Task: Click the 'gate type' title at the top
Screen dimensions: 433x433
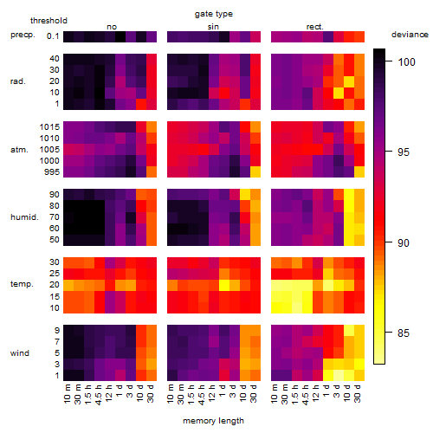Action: [x=214, y=14]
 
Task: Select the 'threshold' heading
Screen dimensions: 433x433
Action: [x=48, y=21]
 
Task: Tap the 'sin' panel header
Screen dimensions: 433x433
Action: [x=213, y=27]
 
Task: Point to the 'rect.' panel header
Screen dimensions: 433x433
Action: [x=314, y=27]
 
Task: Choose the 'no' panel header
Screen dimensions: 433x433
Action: [x=112, y=27]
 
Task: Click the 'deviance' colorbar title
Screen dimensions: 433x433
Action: [x=410, y=35]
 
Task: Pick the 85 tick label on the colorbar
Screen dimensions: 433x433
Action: [x=404, y=333]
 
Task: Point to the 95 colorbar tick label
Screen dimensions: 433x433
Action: [x=404, y=152]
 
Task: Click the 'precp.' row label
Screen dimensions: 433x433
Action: [x=23, y=35]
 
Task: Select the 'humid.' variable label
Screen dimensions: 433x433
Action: [x=24, y=217]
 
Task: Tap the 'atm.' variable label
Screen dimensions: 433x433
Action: [x=19, y=150]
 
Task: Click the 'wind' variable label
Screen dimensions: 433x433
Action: [x=20, y=353]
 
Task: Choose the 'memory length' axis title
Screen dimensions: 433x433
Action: [x=213, y=421]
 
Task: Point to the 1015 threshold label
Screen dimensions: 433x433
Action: [x=49, y=126]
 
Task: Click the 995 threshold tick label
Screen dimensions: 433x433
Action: [x=52, y=172]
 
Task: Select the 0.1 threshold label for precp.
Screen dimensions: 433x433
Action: [x=53, y=36]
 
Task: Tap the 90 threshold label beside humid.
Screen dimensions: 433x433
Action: [x=55, y=195]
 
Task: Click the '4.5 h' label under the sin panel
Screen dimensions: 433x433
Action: [x=203, y=394]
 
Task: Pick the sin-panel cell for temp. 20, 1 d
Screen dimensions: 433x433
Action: [x=224, y=285]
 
